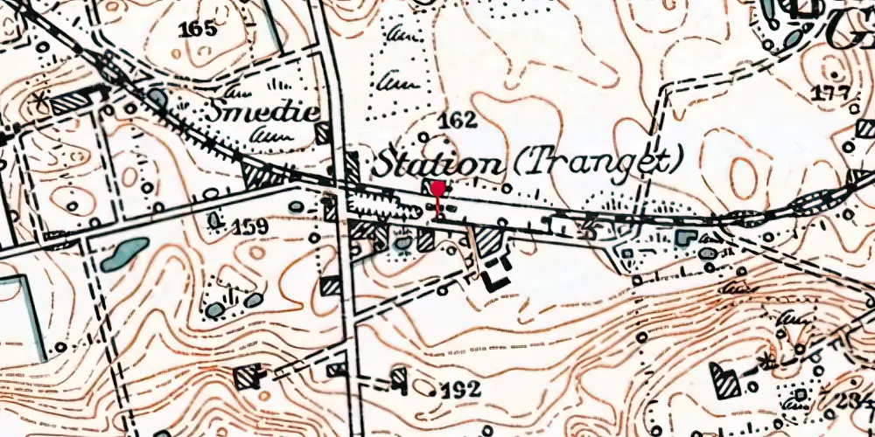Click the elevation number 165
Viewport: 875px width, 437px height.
point(197,30)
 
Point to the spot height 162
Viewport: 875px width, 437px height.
point(457,121)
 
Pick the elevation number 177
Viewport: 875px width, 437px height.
point(830,94)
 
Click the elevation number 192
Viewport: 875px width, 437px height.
point(460,390)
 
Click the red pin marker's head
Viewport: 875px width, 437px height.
point(437,187)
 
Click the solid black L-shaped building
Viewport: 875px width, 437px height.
point(495,274)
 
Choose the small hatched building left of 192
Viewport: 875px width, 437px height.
point(398,378)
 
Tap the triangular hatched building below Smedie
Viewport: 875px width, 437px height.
point(262,173)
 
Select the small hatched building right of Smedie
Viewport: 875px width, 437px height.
point(322,133)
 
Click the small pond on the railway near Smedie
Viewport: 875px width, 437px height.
point(157,97)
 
